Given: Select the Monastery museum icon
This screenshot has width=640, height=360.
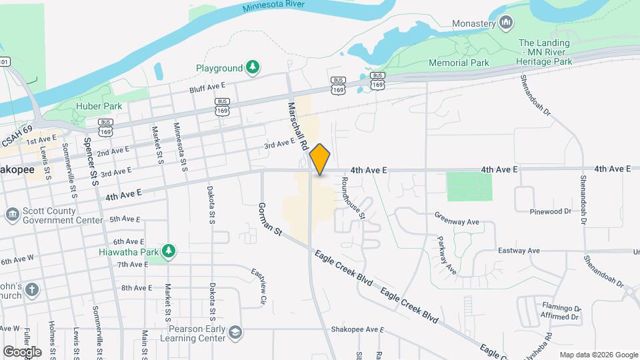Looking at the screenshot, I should click(506, 23).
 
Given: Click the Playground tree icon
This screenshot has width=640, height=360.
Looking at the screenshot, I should click(252, 67).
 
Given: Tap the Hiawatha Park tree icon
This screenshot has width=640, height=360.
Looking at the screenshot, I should click(169, 251).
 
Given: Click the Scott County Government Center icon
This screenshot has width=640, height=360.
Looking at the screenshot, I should click(12, 215).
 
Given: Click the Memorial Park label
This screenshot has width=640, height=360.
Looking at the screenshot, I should click(459, 63).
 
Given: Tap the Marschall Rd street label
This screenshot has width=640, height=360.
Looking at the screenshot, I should click(298, 125).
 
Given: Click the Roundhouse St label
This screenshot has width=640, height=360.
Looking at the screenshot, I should click(353, 198).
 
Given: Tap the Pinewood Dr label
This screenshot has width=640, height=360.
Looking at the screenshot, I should click(550, 211).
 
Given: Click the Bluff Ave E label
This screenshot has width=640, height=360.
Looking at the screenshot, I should click(208, 87).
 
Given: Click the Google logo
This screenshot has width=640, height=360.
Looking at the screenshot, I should click(22, 351).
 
